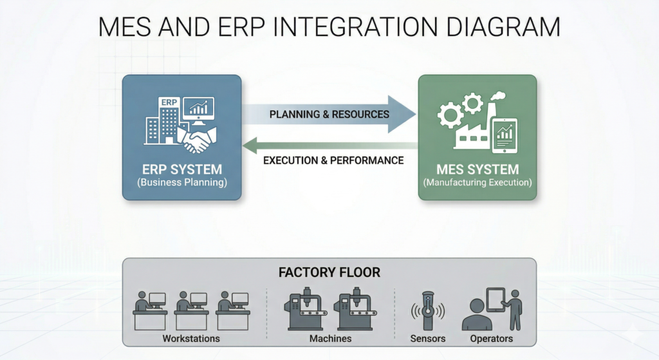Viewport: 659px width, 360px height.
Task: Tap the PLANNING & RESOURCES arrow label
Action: (329, 114)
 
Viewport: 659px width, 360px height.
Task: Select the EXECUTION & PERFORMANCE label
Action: (333, 160)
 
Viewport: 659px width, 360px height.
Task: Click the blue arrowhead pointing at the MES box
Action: (402, 114)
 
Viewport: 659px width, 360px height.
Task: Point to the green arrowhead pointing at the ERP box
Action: (252, 147)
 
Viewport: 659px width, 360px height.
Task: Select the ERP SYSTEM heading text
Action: (182, 170)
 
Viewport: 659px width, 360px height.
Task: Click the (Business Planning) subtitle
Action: (182, 183)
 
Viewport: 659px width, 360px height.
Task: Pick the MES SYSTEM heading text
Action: (477, 170)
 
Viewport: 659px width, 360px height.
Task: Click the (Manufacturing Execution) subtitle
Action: (477, 183)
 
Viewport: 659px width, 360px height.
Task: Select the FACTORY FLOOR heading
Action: (329, 272)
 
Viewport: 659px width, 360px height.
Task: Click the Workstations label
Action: (191, 338)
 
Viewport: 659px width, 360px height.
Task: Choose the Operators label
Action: (491, 338)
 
